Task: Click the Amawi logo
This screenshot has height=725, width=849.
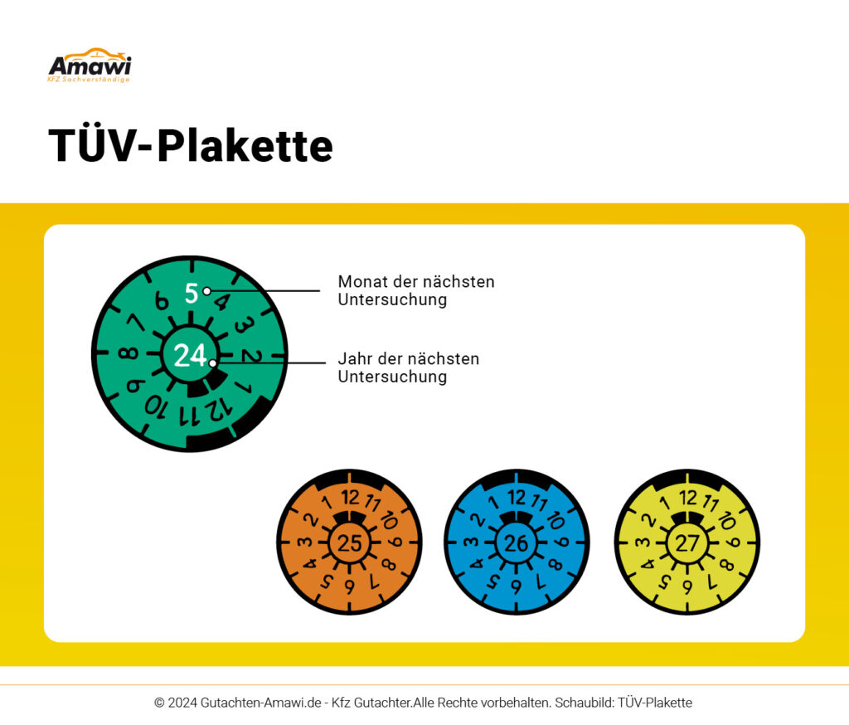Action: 90,65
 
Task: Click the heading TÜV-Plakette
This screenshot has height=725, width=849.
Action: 191,145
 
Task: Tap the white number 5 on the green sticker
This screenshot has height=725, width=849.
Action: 192,294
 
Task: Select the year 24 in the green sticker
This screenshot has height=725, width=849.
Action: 190,356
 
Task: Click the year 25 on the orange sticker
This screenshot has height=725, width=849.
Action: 349,543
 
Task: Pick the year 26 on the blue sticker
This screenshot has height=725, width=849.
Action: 516,543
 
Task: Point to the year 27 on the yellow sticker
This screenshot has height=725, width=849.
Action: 687,543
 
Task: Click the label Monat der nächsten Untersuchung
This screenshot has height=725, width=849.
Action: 416,290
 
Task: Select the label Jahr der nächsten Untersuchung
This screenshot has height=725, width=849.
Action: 408,367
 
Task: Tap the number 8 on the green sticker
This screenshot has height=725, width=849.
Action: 129,353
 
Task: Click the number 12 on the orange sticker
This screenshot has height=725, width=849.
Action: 351,497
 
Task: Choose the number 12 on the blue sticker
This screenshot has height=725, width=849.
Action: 517,497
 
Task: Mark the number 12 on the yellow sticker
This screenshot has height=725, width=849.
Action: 688,497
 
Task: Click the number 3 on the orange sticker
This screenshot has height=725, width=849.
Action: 305,542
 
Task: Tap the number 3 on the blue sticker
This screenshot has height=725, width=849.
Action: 471,542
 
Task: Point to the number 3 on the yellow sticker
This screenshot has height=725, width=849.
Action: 643,542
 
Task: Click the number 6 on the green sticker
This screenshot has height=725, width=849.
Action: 162,301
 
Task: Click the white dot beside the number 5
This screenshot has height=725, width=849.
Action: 206,291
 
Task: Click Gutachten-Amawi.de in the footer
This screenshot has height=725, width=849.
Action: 261,703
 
